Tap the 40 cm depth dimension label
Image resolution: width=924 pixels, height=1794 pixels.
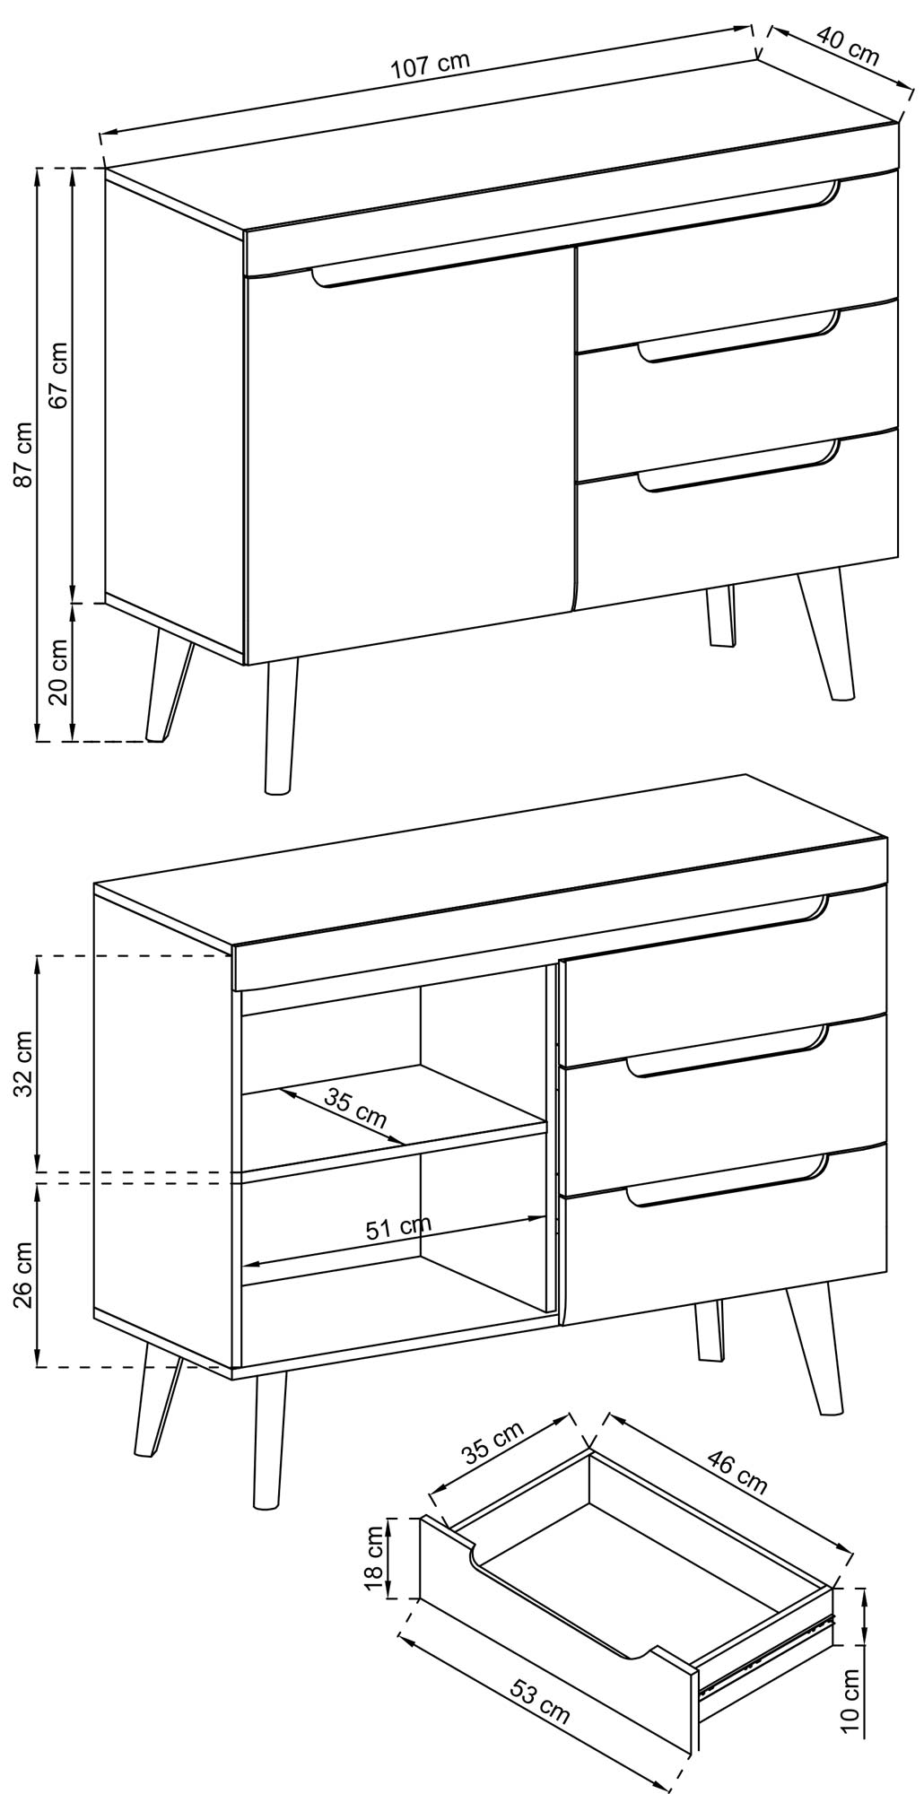tap(848, 47)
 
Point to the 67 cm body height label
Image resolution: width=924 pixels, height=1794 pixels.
tap(58, 375)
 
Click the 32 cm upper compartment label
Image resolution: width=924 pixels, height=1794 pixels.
tap(24, 1064)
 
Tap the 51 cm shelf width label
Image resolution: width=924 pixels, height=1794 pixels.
tap(398, 1228)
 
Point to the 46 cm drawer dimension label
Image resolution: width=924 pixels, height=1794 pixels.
tap(737, 1471)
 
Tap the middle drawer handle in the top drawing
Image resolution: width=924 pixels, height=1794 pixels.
tap(740, 337)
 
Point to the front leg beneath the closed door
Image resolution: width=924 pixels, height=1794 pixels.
tap(281, 727)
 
